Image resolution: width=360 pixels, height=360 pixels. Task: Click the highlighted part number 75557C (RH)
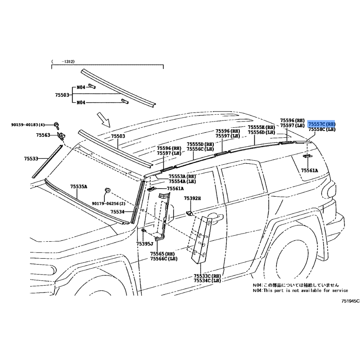[322, 123]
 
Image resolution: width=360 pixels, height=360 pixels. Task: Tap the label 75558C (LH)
[322, 129]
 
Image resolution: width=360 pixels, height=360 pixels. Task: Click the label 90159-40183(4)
[28, 125]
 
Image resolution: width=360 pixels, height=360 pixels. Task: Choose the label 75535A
[78, 186]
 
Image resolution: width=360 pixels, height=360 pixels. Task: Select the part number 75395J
[145, 243]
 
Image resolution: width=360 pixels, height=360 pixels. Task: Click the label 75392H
[192, 198]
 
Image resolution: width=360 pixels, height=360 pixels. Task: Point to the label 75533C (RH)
[207, 276]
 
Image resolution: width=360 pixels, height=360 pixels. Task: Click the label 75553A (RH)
[182, 176]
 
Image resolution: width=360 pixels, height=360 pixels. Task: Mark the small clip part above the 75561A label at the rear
[308, 156]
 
